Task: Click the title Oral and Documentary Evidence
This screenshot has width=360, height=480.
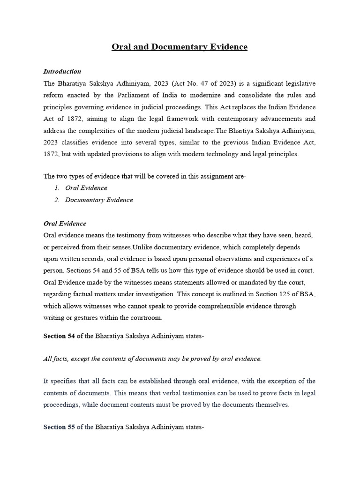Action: pyautogui.click(x=180, y=47)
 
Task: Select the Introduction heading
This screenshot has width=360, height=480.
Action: pyautogui.click(x=62, y=71)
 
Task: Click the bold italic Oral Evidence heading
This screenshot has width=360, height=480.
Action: pyautogui.click(x=65, y=223)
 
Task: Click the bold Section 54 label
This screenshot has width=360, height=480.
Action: pyautogui.click(x=60, y=336)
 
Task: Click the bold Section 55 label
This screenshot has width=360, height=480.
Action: pyautogui.click(x=60, y=427)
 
